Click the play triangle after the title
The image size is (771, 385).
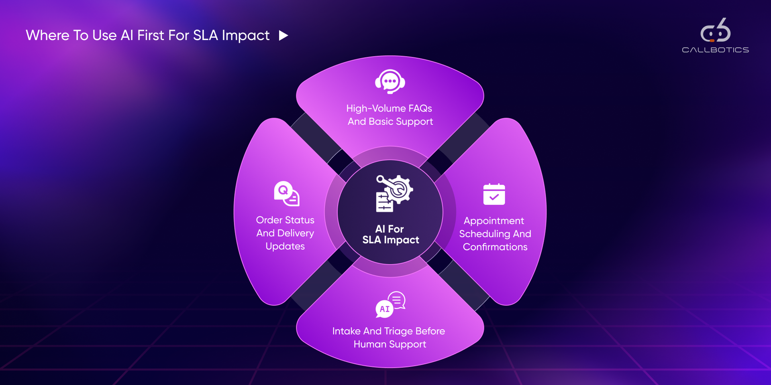284,36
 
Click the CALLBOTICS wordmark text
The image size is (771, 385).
715,50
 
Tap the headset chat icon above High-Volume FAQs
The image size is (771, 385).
390,82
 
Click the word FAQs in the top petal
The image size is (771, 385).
420,108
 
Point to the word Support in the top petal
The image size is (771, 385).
414,122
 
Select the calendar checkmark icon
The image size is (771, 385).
494,195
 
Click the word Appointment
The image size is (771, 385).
494,221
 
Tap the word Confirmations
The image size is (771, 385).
495,247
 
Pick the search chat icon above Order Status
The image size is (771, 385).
286,194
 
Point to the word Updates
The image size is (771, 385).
285,246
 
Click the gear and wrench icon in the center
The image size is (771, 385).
394,193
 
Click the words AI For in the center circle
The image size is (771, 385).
389,229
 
